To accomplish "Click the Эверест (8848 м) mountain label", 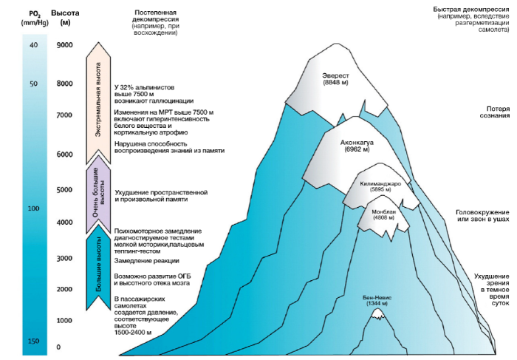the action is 335,79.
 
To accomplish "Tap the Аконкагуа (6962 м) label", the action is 357,146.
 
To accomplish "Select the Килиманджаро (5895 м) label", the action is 380,186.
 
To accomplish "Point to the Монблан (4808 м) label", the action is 383,214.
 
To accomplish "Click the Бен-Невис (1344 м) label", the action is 377,300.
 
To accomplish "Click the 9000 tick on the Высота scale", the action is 65,45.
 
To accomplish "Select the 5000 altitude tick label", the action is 65,190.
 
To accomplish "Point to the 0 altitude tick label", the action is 58,347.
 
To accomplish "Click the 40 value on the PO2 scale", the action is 34,45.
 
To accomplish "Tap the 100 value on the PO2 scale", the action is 34,208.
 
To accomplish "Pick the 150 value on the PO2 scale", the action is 34,342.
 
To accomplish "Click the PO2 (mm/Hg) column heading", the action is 34,18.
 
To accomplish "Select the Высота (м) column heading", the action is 65,18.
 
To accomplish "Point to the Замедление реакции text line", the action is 147,261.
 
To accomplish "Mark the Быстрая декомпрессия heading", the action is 471,10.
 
